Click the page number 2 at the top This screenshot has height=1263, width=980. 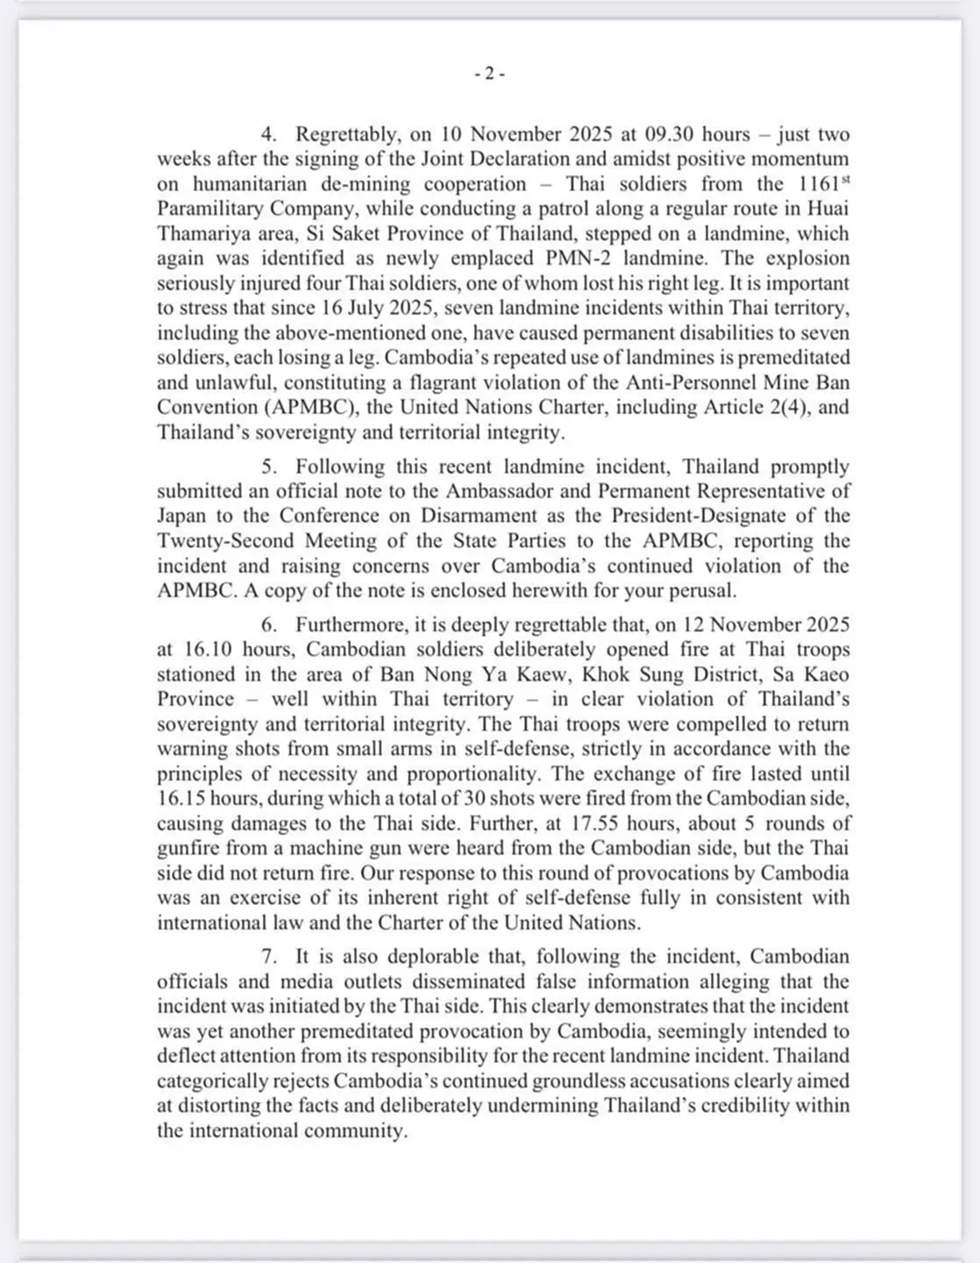point(489,74)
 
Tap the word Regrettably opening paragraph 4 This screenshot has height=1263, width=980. point(348,134)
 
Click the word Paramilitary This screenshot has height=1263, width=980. point(211,209)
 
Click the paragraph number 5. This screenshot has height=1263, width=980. point(268,467)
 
